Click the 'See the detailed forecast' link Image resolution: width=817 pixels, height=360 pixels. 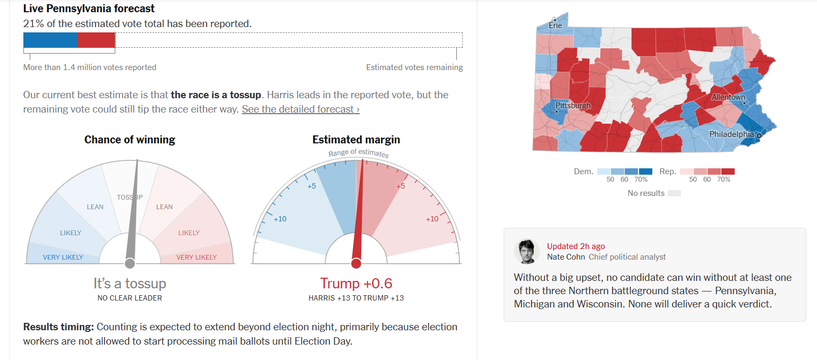[x=301, y=109]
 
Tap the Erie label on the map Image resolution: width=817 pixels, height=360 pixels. [x=555, y=25]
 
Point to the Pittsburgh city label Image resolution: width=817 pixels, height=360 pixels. [x=573, y=106]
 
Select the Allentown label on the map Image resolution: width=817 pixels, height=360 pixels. [x=728, y=98]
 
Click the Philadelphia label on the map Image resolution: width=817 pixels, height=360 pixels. [x=731, y=134]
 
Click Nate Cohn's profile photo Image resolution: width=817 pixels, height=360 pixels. [x=526, y=251]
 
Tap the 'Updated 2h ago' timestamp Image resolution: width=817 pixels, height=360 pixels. [x=576, y=246]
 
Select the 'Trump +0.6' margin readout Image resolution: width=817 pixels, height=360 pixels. [x=356, y=284]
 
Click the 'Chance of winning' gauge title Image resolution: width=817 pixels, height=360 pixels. [x=130, y=140]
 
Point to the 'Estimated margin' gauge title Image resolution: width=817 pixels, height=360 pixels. [x=356, y=140]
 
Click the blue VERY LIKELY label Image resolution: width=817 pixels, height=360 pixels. [x=63, y=258]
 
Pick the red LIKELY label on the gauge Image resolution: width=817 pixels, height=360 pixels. [x=189, y=233]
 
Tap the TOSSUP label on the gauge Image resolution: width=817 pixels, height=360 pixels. [x=130, y=198]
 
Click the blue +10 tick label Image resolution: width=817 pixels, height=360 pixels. [x=280, y=219]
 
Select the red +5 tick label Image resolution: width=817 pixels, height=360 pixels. [x=401, y=186]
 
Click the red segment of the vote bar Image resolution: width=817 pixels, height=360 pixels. [x=96, y=40]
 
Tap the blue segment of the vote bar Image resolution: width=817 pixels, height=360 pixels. [x=50, y=40]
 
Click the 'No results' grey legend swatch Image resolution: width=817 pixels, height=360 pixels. [x=674, y=193]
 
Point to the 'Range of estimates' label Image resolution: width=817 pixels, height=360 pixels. [x=358, y=153]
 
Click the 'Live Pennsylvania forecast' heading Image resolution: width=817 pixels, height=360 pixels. [x=89, y=9]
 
